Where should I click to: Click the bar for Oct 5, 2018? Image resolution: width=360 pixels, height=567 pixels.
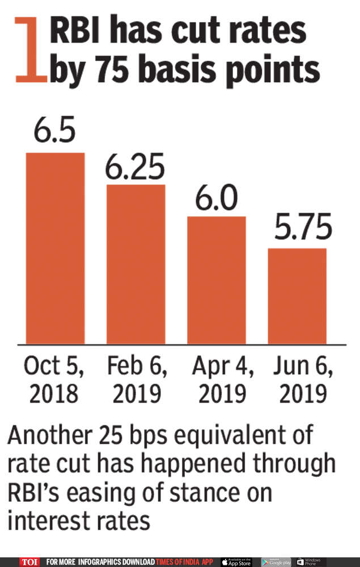click(x=55, y=248)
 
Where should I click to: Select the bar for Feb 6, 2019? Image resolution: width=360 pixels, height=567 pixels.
click(x=136, y=264)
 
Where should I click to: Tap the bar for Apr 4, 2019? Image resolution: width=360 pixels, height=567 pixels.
click(x=217, y=280)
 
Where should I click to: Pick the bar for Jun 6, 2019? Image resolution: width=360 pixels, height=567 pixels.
click(x=297, y=296)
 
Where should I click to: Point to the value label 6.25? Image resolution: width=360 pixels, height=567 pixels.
click(x=136, y=168)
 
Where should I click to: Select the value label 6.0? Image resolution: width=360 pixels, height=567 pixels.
click(x=216, y=200)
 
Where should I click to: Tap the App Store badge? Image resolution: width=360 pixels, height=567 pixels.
click(x=236, y=562)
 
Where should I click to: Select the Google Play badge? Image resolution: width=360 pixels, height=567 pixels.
click(x=276, y=562)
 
